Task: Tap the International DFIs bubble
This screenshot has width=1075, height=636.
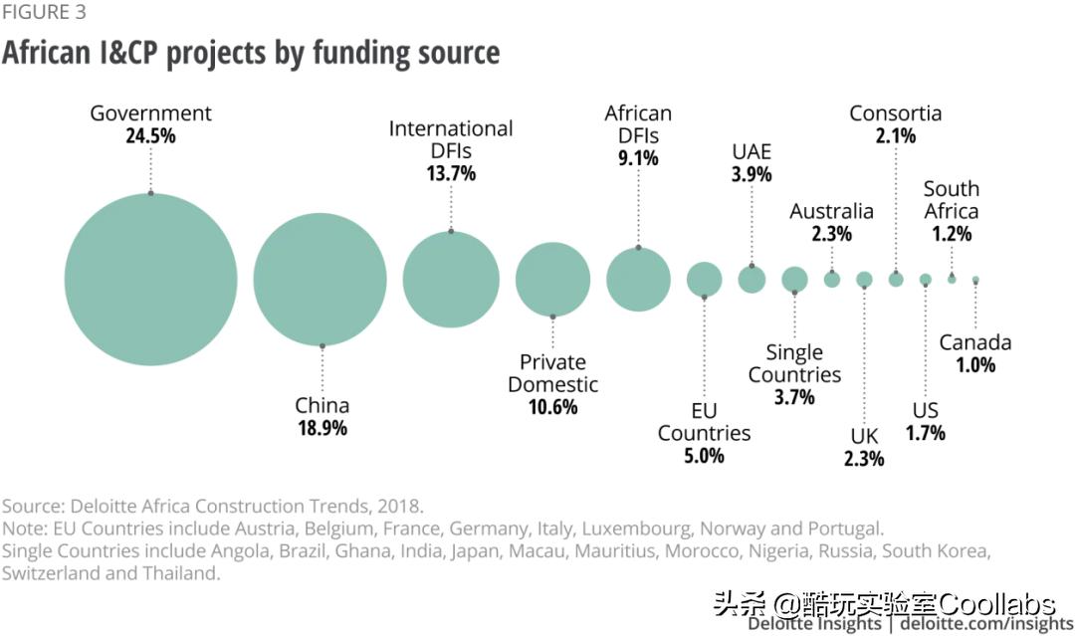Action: pos(451,280)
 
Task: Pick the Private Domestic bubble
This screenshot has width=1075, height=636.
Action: pos(552,280)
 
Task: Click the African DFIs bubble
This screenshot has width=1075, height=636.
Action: pos(638,280)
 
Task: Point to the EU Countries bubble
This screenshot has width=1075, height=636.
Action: pos(704,280)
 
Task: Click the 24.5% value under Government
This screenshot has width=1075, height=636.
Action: pos(150,136)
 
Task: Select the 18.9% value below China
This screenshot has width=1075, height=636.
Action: pos(322,428)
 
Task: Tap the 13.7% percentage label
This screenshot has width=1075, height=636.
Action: pos(451,173)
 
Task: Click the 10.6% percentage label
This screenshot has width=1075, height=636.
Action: pos(552,407)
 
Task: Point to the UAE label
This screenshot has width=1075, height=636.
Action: pos(752,151)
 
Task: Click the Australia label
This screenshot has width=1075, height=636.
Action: pos(831,211)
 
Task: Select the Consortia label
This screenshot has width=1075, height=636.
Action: pos(895,113)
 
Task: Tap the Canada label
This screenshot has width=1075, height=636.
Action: pos(974,342)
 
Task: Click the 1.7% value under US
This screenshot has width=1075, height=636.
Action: pos(925,433)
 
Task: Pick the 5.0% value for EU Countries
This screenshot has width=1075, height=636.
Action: pos(704,456)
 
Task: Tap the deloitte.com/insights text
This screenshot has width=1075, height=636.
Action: pos(986,624)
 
